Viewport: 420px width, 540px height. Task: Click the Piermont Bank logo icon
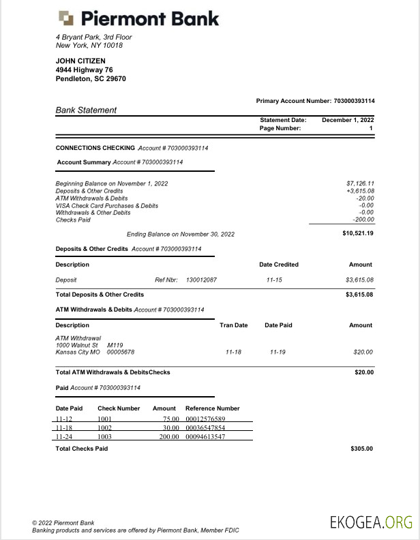click(66, 18)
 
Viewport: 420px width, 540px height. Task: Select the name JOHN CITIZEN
click(80, 61)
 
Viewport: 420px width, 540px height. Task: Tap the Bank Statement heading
click(86, 110)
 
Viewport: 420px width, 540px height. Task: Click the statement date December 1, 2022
click(348, 120)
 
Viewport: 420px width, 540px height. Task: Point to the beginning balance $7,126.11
click(360, 183)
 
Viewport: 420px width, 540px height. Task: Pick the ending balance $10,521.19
click(358, 233)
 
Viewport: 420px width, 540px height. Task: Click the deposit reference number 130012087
click(201, 280)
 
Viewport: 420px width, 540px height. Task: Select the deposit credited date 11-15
click(275, 280)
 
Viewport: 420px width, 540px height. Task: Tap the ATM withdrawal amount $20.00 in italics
click(363, 352)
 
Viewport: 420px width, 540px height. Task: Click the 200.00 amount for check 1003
click(168, 436)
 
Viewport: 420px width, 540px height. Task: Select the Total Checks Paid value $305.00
click(361, 449)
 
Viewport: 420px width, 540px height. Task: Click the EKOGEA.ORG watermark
click(371, 522)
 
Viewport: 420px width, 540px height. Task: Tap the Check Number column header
click(119, 408)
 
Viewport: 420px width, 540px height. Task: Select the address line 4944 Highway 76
click(84, 70)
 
